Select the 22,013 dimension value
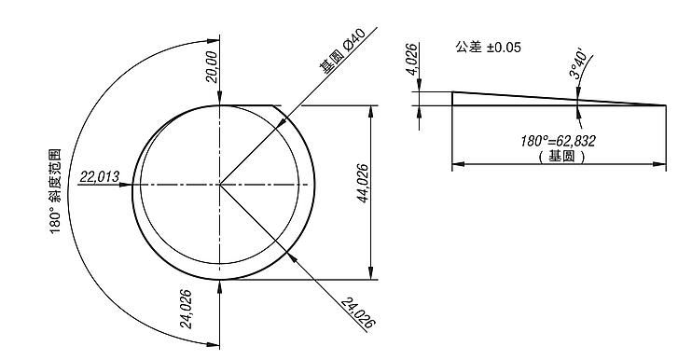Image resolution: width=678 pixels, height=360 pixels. click(x=100, y=177)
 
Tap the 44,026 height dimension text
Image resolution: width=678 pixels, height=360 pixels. click(x=363, y=184)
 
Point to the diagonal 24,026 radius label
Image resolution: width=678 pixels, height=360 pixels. click(x=357, y=312)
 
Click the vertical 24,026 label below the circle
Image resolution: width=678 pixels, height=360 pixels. click(x=186, y=309)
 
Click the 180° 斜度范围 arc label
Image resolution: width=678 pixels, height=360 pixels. click(x=55, y=191)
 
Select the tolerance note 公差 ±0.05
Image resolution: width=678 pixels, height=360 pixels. click(x=488, y=48)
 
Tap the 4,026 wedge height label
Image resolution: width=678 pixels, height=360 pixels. click(x=412, y=59)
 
